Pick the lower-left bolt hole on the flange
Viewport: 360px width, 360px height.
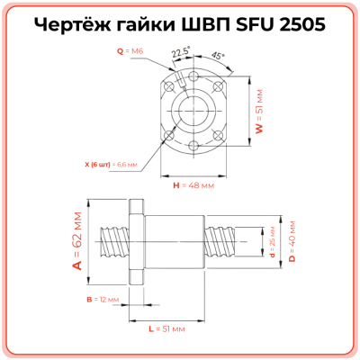tap(168, 136)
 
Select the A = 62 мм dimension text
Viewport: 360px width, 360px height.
tap(77, 242)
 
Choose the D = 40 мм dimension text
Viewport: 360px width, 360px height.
tap(291, 242)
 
